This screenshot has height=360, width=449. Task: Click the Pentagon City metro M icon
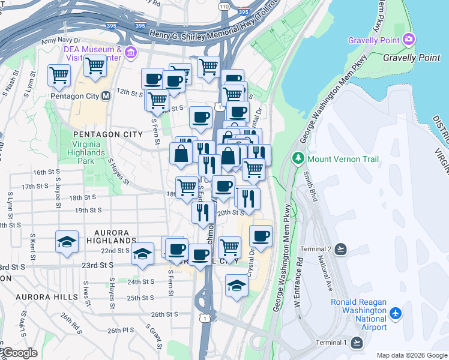106,96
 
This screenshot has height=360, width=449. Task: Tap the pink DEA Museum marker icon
130,54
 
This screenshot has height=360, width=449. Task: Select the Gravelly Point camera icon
409,40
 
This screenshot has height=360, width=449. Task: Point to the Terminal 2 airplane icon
341,249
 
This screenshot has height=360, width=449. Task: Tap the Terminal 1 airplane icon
357,343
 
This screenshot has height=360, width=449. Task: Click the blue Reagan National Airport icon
396,313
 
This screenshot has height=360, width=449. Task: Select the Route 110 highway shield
224,6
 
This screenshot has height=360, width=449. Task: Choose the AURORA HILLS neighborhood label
47,297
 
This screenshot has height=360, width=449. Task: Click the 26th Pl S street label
121,331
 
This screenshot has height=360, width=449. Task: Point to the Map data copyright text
411,355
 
